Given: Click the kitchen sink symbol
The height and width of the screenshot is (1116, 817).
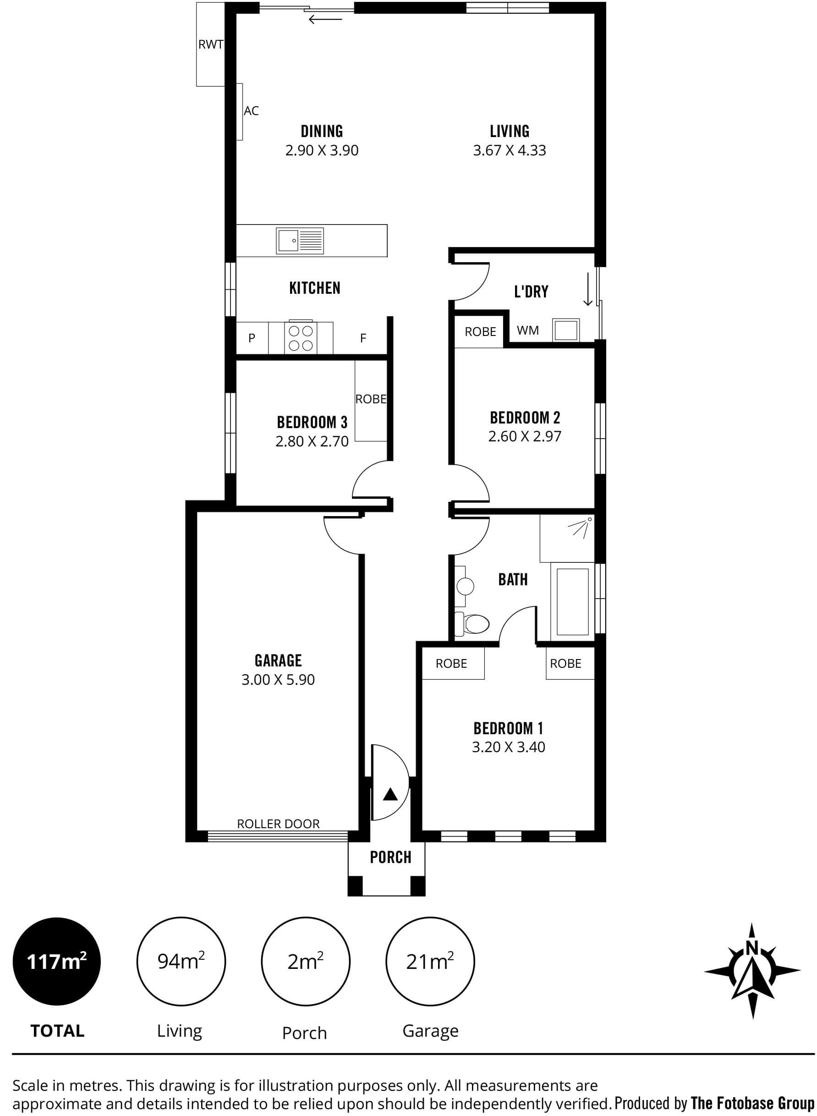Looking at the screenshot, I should click(x=300, y=241).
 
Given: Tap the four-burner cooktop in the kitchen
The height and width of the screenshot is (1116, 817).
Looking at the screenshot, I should click(x=301, y=338).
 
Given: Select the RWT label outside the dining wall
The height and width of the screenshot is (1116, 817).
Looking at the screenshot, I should click(x=211, y=44).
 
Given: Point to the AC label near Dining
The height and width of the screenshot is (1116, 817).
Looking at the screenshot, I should click(x=251, y=111).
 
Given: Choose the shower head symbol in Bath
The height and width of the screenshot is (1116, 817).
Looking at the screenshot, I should click(x=582, y=528).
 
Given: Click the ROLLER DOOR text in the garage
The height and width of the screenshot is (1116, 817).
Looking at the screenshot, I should click(x=279, y=824).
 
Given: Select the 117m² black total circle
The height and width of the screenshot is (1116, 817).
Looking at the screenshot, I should click(x=56, y=962).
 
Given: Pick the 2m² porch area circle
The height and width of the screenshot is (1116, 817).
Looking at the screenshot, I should click(x=305, y=962).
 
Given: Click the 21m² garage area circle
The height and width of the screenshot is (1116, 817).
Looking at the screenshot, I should click(x=429, y=962).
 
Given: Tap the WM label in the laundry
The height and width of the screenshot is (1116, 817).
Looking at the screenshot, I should click(x=528, y=330).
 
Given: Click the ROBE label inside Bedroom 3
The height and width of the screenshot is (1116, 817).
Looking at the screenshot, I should click(x=371, y=399).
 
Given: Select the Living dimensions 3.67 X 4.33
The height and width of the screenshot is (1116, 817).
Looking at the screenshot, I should click(x=510, y=150).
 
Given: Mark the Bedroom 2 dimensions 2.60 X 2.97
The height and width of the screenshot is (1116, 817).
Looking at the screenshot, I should click(x=524, y=436).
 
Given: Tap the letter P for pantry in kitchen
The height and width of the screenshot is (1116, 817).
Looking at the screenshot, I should click(x=252, y=338).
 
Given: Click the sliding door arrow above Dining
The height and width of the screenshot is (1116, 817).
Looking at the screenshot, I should click(x=325, y=20).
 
